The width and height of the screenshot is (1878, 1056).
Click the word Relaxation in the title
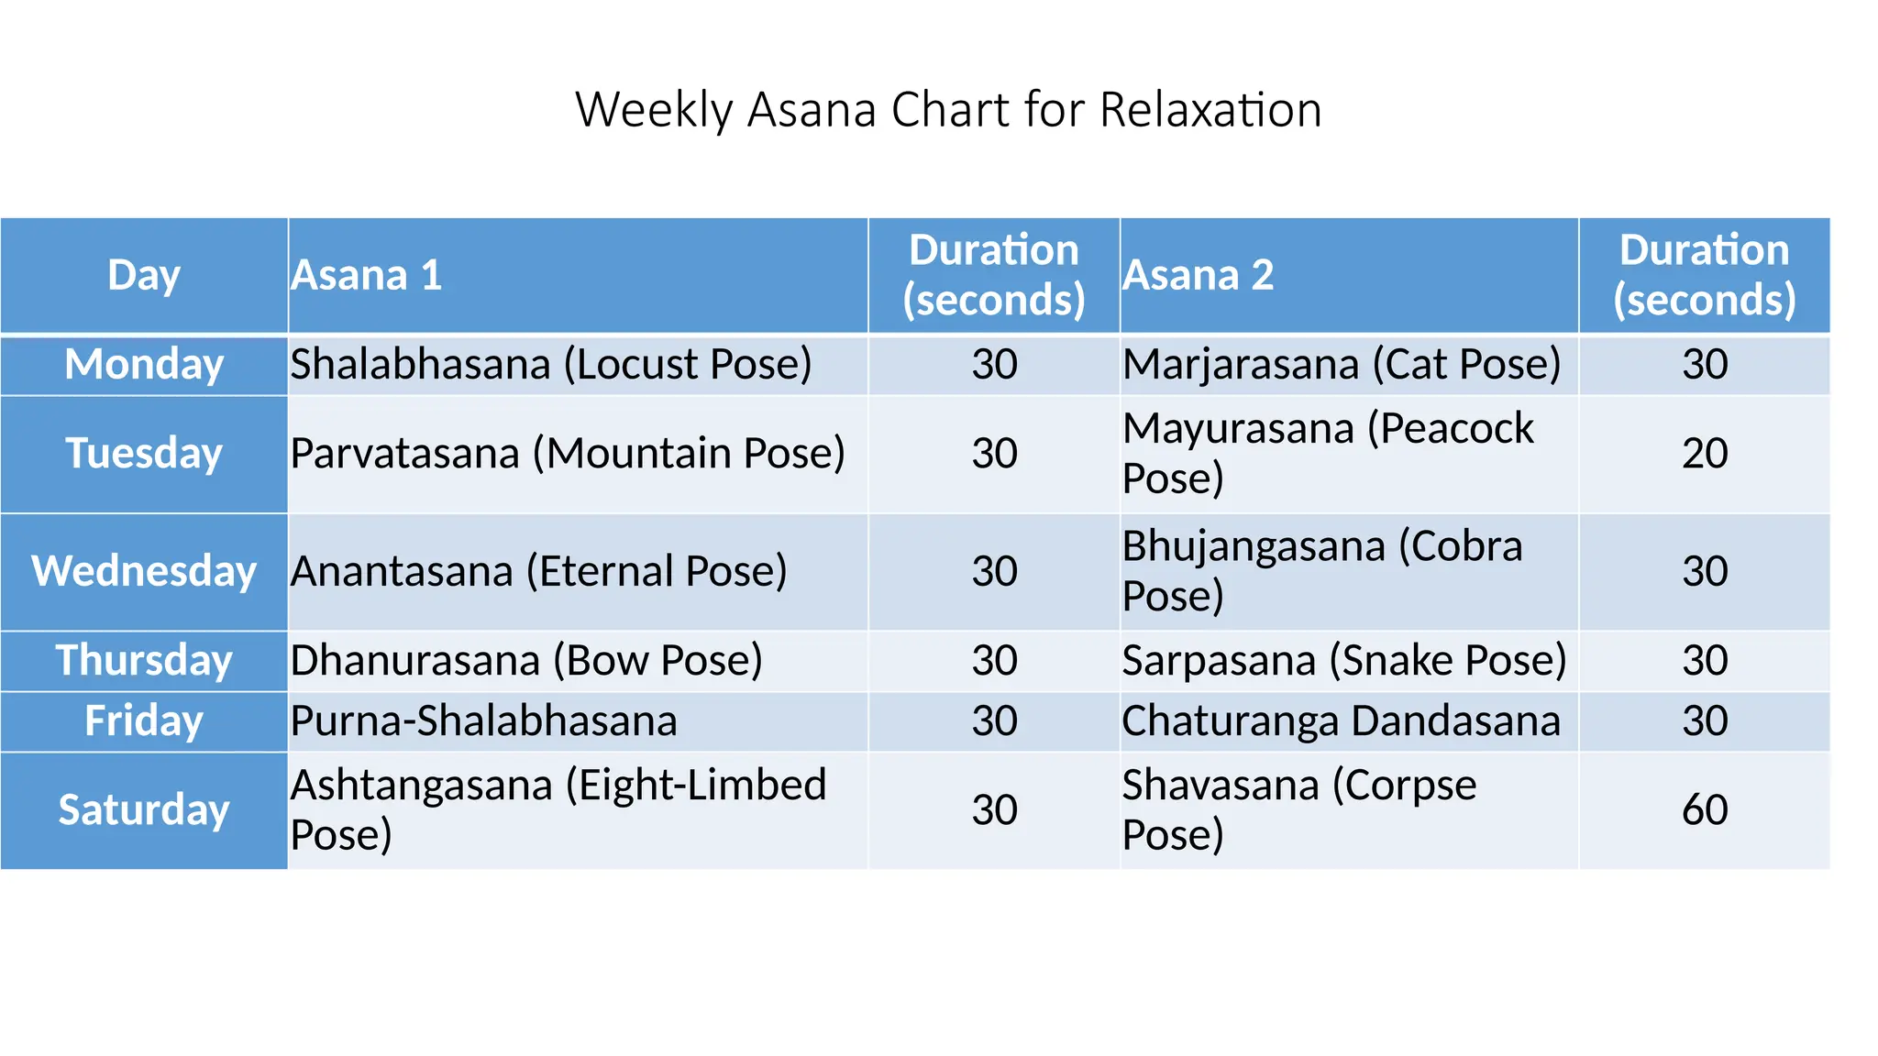click(1210, 110)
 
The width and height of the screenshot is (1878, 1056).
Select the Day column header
click(144, 275)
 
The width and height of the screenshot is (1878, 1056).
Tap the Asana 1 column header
click(367, 275)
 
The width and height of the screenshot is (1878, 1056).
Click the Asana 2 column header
click(1199, 275)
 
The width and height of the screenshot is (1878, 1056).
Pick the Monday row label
click(144, 365)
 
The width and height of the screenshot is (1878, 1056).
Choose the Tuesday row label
click(144, 454)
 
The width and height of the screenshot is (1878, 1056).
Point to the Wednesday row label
click(144, 571)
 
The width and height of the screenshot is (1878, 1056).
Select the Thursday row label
click(144, 660)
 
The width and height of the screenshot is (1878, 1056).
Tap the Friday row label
click(144, 721)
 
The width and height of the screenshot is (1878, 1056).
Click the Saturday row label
click(144, 810)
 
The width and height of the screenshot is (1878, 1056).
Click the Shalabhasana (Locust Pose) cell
click(551, 365)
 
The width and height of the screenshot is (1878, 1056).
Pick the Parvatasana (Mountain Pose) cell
click(568, 454)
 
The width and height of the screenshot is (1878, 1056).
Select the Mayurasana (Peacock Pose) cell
click(1327, 454)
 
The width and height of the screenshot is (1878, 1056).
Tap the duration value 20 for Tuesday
click(1704, 454)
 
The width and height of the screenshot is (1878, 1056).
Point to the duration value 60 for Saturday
click(1704, 810)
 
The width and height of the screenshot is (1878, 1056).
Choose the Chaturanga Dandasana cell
click(1341, 721)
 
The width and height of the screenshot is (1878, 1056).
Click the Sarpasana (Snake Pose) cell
click(1344, 660)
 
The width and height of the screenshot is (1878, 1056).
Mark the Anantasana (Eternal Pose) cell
click(539, 571)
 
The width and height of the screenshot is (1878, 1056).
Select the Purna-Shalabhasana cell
click(484, 721)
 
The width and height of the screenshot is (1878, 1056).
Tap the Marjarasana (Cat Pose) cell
click(1342, 365)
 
